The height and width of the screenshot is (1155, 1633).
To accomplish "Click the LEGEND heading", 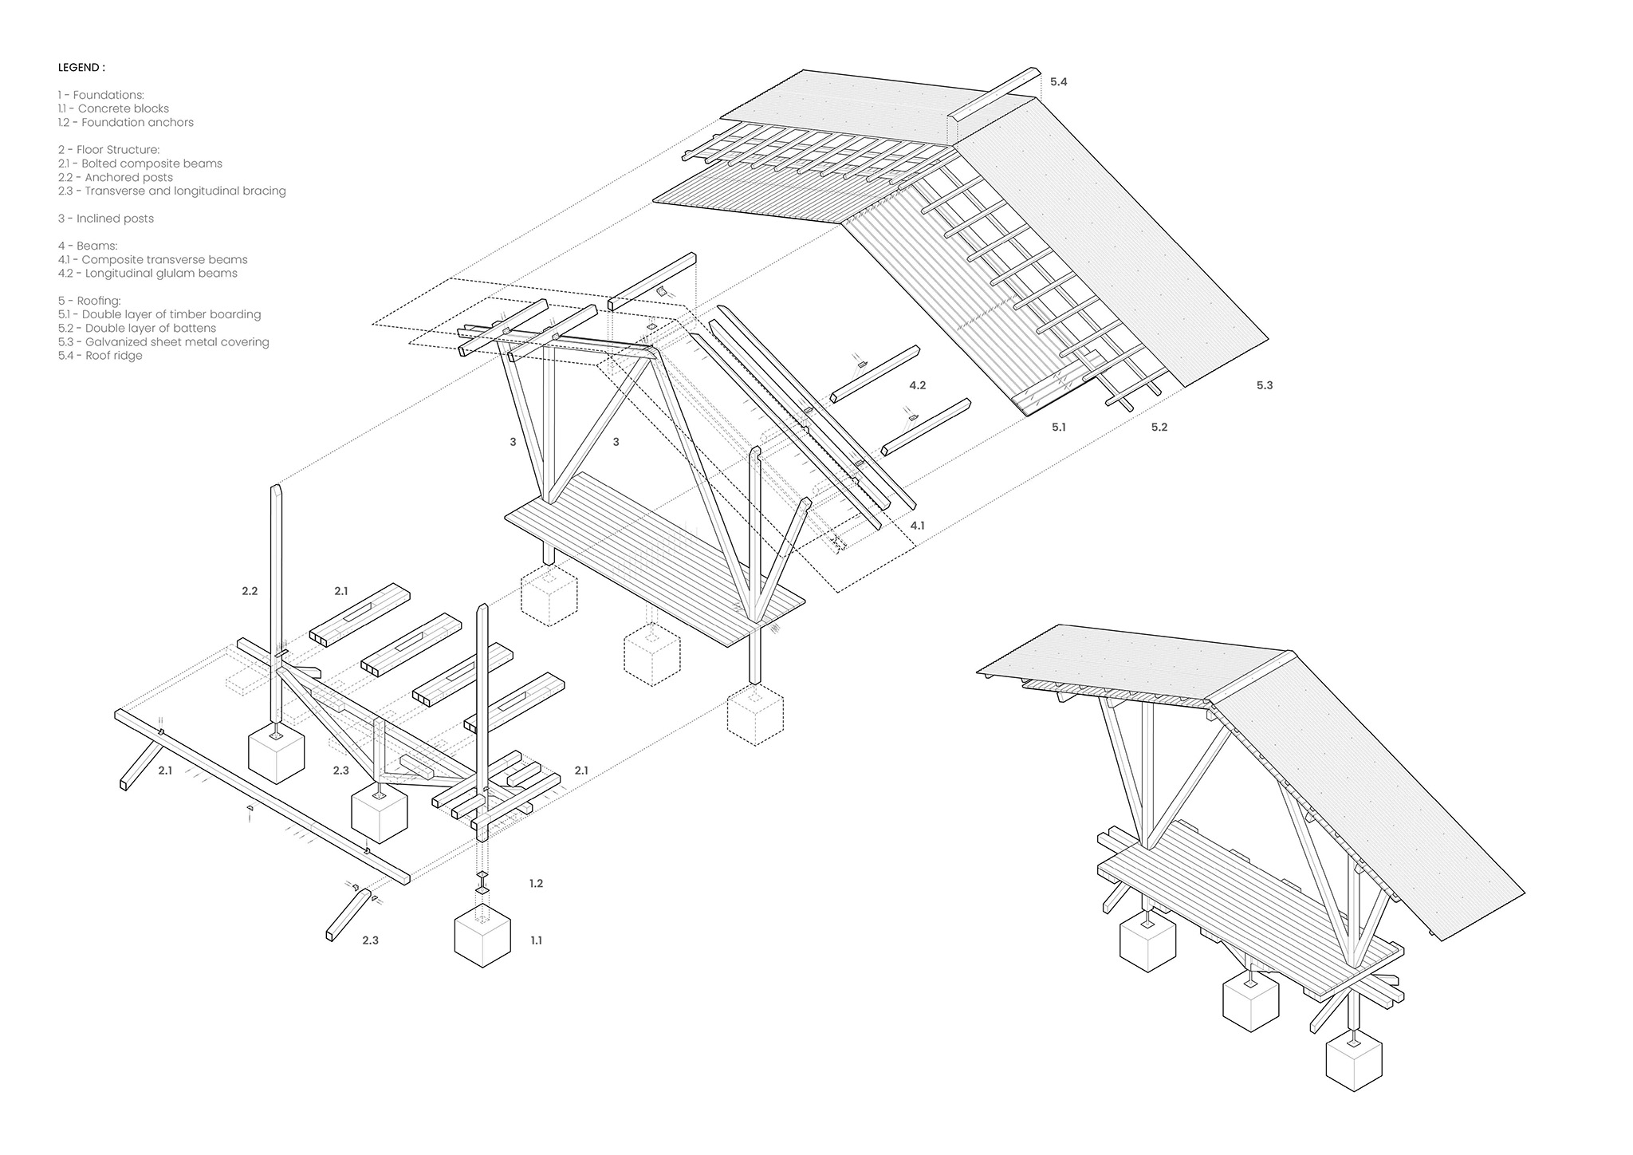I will tap(81, 67).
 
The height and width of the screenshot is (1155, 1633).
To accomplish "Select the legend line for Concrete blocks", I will tap(113, 108).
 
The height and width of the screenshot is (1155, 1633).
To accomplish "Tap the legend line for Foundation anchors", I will tap(125, 122).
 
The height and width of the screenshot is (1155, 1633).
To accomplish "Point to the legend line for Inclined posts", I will tap(106, 219).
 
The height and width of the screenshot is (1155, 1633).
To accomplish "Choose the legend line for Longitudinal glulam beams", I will tap(148, 273).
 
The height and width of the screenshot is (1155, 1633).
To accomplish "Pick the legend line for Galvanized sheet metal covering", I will tap(163, 342).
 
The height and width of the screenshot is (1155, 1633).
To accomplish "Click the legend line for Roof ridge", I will tap(100, 356).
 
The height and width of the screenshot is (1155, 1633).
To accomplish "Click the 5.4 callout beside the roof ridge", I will tap(1058, 82).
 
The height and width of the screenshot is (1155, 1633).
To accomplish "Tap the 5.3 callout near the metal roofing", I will tap(1265, 385).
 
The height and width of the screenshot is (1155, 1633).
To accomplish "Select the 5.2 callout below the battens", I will tap(1159, 428).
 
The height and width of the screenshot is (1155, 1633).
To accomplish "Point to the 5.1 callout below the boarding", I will tap(1058, 428).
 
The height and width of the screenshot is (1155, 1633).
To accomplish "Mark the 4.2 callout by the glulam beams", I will tap(917, 385).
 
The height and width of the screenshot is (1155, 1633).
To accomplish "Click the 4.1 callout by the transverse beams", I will tap(917, 526).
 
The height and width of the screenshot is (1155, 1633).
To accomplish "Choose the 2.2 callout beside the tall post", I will tap(250, 591).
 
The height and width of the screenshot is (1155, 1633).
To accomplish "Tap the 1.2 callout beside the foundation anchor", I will tap(536, 884).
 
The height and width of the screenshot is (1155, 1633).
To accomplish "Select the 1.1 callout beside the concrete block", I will tap(536, 940).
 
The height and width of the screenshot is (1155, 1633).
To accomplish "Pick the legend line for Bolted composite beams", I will tap(140, 164).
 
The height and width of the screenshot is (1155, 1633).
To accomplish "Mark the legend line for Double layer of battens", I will tap(137, 328).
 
